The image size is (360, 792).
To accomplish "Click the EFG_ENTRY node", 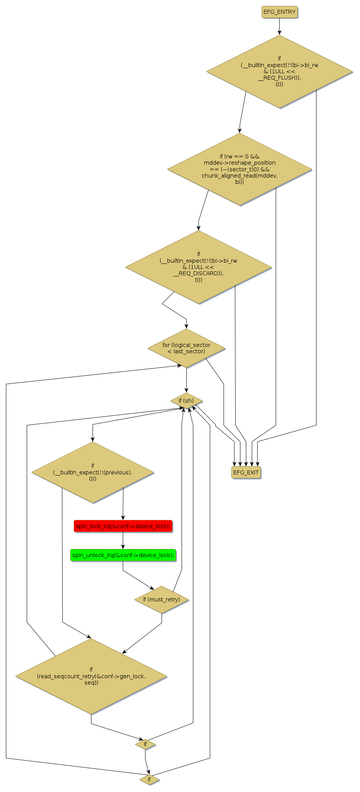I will (279, 12).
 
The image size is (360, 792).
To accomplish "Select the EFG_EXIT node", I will (246, 472).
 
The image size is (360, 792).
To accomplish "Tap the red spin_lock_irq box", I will (123, 526).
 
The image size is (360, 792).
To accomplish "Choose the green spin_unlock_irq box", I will (123, 555).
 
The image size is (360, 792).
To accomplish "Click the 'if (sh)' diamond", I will (186, 401).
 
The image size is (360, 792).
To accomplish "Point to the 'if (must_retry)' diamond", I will (162, 599).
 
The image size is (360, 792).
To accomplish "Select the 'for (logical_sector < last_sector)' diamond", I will (186, 348).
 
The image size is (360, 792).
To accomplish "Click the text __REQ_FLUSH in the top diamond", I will (279, 78).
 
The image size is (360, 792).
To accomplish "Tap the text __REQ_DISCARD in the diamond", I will (198, 273).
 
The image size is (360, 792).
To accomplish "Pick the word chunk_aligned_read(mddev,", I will (240, 176).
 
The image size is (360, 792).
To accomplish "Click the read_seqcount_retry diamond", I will (91, 676).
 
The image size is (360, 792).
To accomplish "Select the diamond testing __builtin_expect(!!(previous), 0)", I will (93, 472).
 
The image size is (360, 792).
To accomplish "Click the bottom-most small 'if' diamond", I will (149, 779).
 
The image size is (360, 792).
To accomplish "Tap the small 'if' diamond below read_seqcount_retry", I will (145, 744).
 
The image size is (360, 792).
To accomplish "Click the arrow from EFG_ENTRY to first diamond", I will (279, 27).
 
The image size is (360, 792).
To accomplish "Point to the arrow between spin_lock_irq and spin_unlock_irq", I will (123, 541).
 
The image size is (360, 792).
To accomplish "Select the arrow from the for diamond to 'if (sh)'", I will (186, 380).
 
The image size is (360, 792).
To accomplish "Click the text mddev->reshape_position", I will (240, 163).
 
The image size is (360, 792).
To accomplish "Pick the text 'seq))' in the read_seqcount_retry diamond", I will (91, 683).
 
